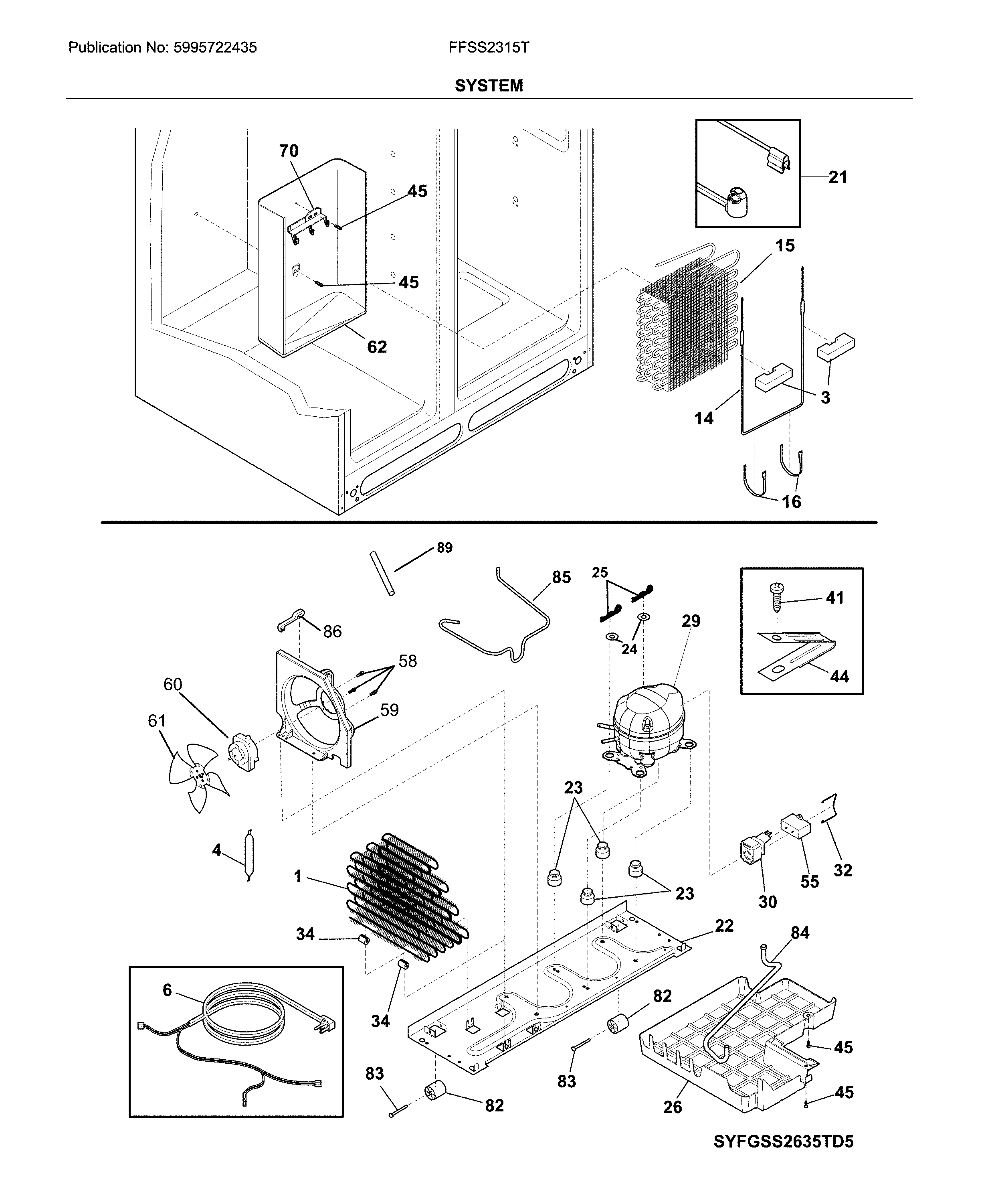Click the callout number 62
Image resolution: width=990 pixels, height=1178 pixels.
point(377,347)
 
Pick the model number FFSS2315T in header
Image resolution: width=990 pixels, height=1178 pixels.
point(488,48)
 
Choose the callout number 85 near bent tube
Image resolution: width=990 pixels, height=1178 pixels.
point(561,577)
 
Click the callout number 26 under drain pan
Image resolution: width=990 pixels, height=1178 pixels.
point(672,1106)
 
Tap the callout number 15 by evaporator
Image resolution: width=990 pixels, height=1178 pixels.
point(785,245)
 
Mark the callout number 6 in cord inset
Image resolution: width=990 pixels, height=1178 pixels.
point(167,990)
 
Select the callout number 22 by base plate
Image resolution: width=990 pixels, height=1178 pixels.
point(724,925)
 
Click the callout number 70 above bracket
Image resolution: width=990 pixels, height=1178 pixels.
point(289,151)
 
